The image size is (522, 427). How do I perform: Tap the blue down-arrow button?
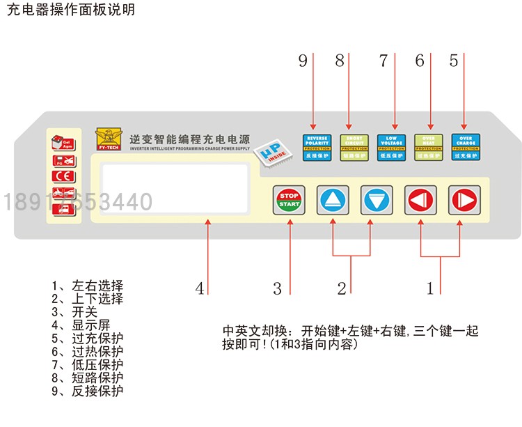point(377,201)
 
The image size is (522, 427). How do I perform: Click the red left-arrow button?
point(421,201)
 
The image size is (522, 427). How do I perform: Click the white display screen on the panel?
point(174,188)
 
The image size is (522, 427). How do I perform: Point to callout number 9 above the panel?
point(303,61)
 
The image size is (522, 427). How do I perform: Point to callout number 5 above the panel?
point(454,61)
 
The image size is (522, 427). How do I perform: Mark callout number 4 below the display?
point(200,288)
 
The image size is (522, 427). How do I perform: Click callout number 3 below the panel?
point(277,288)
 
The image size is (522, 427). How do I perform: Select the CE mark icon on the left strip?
point(60,176)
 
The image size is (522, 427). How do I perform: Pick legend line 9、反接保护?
point(88,391)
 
